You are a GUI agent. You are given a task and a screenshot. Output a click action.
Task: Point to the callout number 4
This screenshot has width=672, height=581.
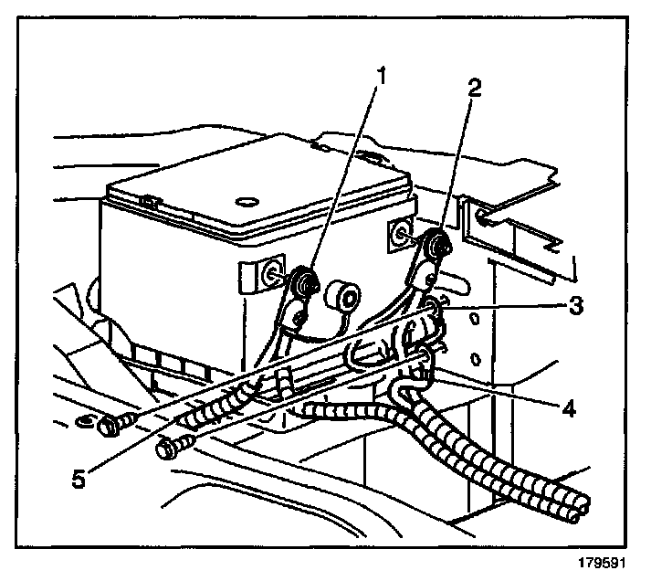pyautogui.click(x=569, y=408)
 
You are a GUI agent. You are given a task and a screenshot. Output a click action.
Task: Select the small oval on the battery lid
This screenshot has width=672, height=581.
pyautogui.click(x=245, y=199)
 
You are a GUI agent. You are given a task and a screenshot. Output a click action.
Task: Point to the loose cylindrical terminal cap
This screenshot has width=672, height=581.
pyautogui.click(x=344, y=298)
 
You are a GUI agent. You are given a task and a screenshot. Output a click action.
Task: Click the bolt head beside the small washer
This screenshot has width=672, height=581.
pyautogui.click(x=112, y=424)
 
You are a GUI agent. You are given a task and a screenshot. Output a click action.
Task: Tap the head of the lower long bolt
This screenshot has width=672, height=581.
pyautogui.click(x=168, y=449)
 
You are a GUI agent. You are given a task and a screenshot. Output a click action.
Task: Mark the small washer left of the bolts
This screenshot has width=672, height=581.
pyautogui.click(x=83, y=422)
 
